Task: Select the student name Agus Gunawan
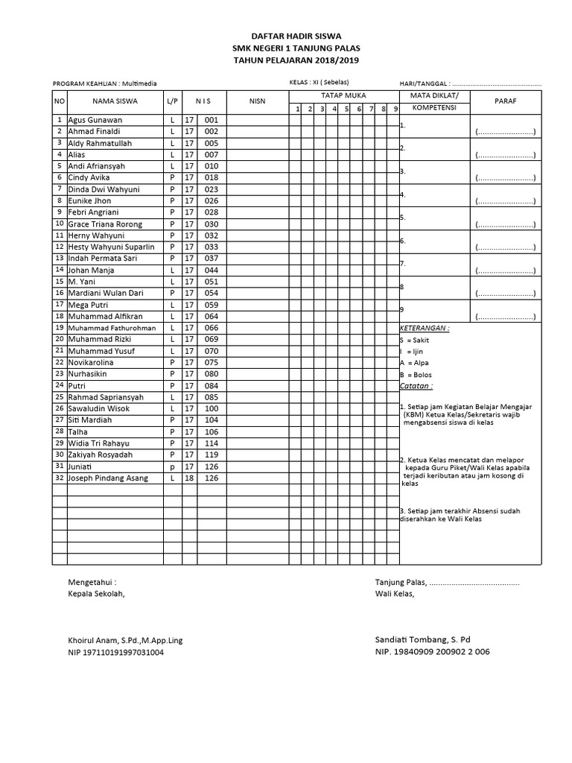coord(95,120)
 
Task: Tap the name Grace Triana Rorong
coord(105,224)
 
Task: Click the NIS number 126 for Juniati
coord(212,466)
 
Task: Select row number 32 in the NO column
coord(59,478)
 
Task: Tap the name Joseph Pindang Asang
coord(108,478)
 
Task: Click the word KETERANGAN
coord(425,328)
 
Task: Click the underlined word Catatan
coord(416,386)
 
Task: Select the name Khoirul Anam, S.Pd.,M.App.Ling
coord(125,640)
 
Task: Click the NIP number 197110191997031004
coord(116,653)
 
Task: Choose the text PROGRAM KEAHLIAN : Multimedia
coord(104,84)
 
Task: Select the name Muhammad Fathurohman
coord(112,328)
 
